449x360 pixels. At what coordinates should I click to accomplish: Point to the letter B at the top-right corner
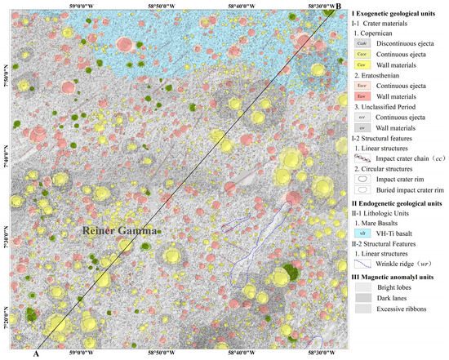point(337,7)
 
